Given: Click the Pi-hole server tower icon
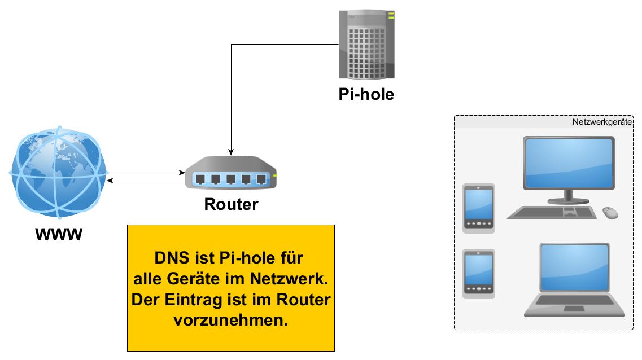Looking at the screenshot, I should (366, 45).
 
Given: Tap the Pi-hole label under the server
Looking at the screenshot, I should (366, 94).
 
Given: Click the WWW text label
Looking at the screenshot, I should (59, 233).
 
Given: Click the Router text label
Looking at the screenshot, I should (231, 204).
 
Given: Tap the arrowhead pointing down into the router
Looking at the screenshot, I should (231, 152).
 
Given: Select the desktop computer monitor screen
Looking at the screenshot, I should (569, 163).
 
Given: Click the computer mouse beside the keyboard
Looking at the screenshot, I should (610, 213).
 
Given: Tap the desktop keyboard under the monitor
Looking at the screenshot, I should (552, 213).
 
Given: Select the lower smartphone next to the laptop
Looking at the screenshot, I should (478, 274).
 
